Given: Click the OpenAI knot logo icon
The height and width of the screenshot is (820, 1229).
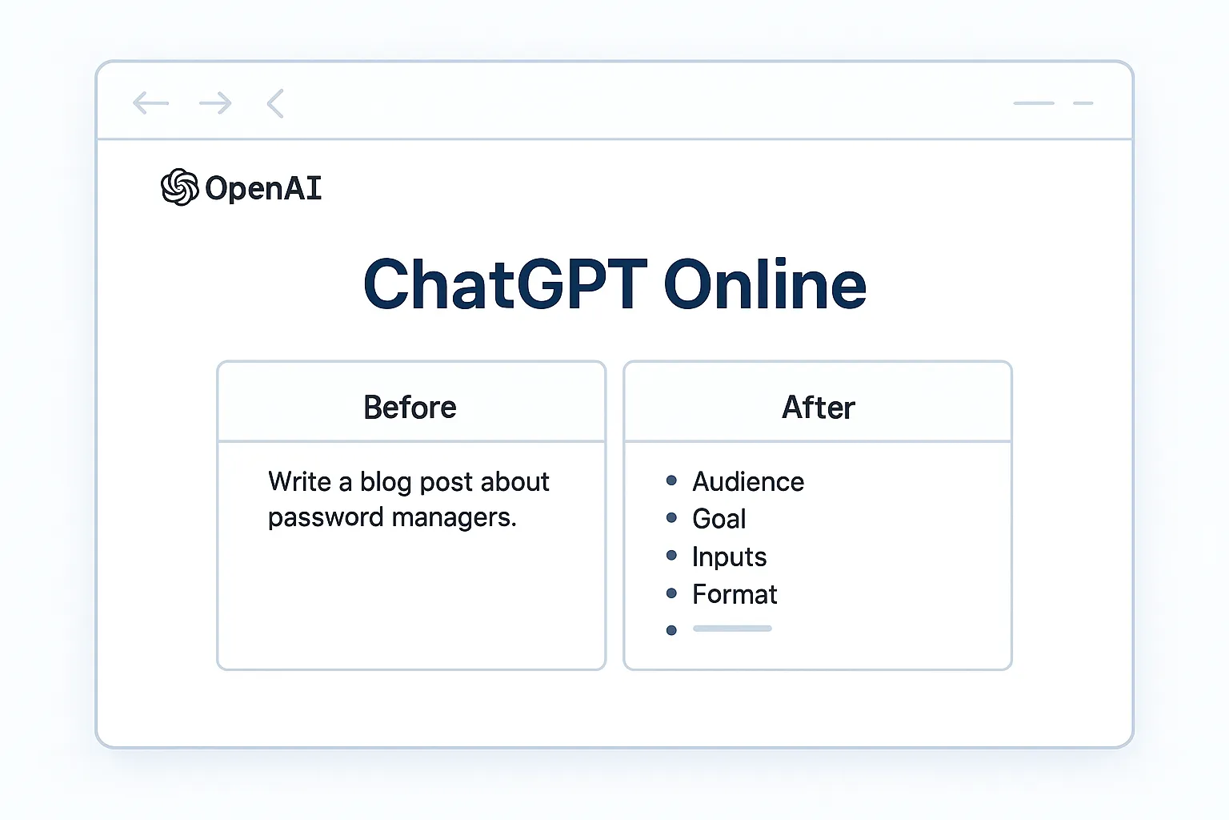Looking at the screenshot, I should (x=179, y=187).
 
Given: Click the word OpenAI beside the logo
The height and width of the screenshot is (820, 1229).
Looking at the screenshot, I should (x=263, y=189).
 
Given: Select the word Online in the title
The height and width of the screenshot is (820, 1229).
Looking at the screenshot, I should (x=764, y=284).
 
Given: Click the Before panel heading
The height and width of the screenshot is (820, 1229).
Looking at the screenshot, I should (x=410, y=408).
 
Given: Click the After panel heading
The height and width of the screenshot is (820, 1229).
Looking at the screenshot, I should (x=818, y=408).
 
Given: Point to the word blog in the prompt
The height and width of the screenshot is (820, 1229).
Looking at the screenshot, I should (x=386, y=482).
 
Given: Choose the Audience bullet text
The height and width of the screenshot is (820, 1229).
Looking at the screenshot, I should (x=748, y=481).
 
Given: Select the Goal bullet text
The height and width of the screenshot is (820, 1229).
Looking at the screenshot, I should (x=719, y=519).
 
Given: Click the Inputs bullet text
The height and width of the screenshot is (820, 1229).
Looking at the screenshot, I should (x=729, y=557).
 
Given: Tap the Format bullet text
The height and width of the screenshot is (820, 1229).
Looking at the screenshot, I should (x=735, y=594).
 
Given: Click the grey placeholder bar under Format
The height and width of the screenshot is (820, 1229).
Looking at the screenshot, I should (x=732, y=629).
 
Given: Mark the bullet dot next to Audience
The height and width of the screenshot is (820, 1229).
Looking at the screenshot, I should (x=671, y=480).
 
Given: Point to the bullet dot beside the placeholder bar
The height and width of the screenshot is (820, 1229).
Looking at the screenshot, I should (x=671, y=630).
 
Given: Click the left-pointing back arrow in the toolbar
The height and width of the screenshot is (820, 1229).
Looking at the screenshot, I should (x=151, y=103).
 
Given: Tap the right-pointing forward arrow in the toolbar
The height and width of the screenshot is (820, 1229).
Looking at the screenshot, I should (x=215, y=103).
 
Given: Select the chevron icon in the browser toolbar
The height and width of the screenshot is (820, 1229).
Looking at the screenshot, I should (x=275, y=103).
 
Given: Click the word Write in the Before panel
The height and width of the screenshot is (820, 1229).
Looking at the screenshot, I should (x=299, y=482).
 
